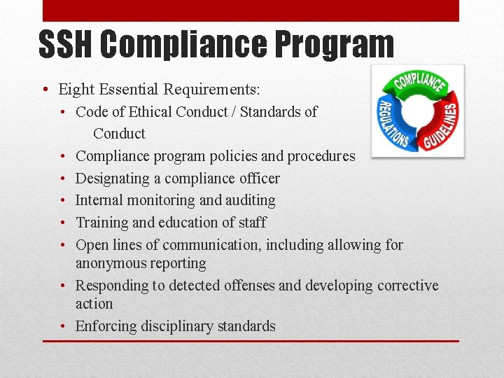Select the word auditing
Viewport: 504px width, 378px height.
(249, 200)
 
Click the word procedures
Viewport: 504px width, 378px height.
(321, 156)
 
